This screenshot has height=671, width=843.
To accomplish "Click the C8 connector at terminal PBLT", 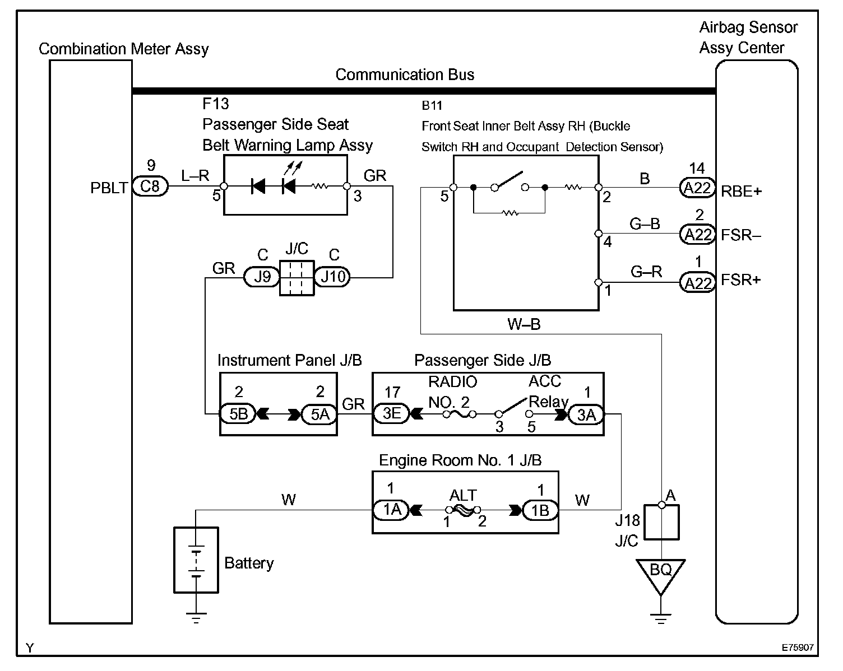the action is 150,186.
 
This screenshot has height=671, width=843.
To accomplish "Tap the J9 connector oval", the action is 262,277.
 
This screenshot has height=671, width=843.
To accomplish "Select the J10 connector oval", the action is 332,277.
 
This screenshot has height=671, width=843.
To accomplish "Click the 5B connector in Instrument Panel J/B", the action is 238,414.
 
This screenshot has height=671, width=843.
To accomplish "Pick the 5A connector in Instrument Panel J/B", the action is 319,414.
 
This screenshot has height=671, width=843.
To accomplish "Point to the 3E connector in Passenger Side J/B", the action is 391,413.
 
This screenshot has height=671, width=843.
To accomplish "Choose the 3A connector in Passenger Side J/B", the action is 586,414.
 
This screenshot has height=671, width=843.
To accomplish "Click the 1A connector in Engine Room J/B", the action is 391,510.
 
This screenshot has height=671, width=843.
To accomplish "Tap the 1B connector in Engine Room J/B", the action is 540,510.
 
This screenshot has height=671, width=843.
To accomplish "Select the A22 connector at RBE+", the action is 697,188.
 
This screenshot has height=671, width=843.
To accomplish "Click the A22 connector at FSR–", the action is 697,235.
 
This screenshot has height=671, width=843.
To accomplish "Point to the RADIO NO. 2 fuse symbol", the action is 460,414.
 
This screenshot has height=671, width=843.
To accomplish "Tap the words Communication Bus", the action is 405,74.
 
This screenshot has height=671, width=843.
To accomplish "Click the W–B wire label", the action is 524,324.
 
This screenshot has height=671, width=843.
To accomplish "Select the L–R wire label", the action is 195,175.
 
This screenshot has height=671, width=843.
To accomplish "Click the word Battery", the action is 249,563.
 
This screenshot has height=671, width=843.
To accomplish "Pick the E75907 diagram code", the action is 798,647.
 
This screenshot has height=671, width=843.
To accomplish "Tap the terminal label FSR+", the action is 741,280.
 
